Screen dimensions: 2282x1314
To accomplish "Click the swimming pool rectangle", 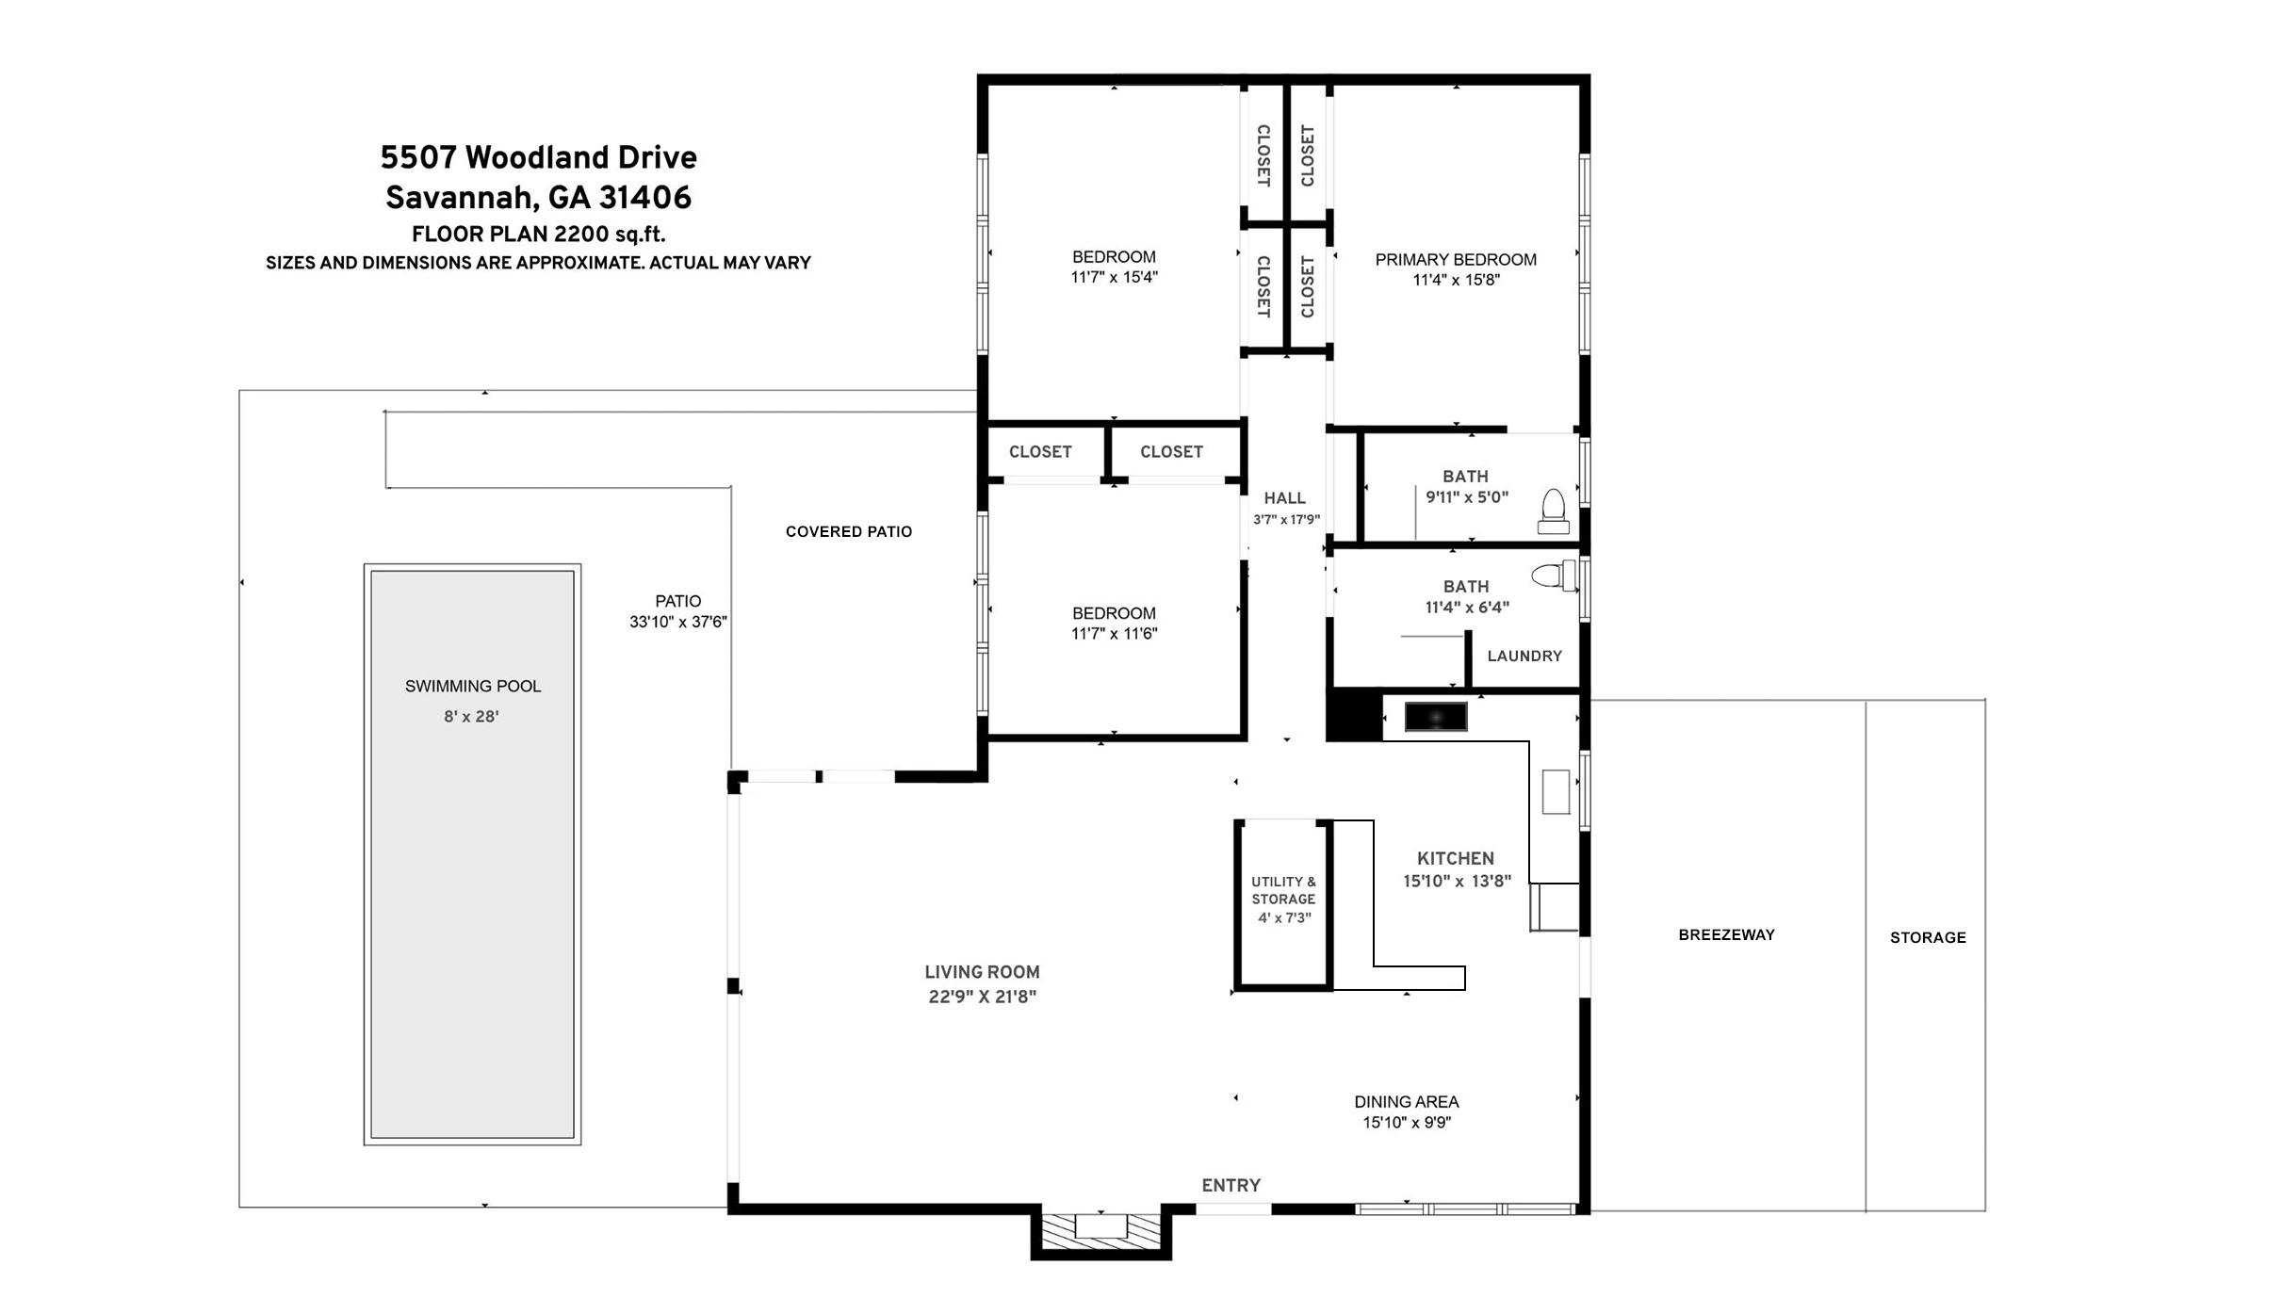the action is tap(472, 854).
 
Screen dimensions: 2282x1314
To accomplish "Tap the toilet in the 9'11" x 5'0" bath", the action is tap(1553, 511).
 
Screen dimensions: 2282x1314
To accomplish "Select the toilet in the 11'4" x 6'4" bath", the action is tap(1554, 576).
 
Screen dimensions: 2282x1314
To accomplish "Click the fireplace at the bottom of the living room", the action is tap(1100, 1231).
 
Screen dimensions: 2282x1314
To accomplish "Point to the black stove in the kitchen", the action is tap(1436, 717).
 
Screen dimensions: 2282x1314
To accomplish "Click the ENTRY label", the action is tap(1231, 1185).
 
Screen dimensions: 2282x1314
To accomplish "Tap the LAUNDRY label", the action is tap(1524, 656).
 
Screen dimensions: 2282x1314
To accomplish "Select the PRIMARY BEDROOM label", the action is tap(1456, 260).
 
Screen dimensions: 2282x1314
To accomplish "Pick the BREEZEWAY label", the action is tap(1726, 935).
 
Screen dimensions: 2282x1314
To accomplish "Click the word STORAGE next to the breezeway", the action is tap(1928, 937).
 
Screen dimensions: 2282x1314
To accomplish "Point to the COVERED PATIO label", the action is tap(849, 532).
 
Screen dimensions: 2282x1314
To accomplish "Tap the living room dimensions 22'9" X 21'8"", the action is tap(982, 997).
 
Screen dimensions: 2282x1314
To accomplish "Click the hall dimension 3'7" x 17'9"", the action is tap(1286, 520).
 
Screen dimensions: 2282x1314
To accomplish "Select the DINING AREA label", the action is tap(1407, 1102).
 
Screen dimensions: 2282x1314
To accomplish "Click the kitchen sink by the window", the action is tap(1556, 791).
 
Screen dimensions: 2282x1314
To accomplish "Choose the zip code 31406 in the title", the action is tap(645, 197).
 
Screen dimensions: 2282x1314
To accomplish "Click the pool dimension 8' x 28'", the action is tap(471, 717).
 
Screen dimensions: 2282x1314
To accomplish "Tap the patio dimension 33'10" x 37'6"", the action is tap(678, 622).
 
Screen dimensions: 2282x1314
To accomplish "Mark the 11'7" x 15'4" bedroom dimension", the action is tap(1114, 277).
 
